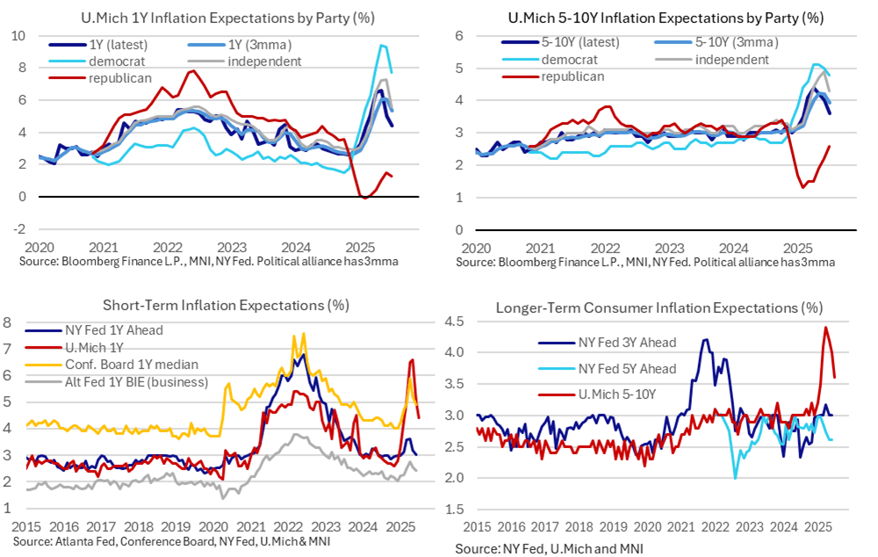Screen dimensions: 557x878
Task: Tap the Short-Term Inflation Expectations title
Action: [227, 306]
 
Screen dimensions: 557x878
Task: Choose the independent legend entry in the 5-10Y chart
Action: [731, 59]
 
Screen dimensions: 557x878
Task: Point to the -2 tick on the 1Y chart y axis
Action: [20, 229]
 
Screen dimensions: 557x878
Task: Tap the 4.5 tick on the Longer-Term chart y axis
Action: [457, 321]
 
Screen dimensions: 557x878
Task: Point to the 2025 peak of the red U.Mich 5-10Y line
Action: [825, 327]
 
